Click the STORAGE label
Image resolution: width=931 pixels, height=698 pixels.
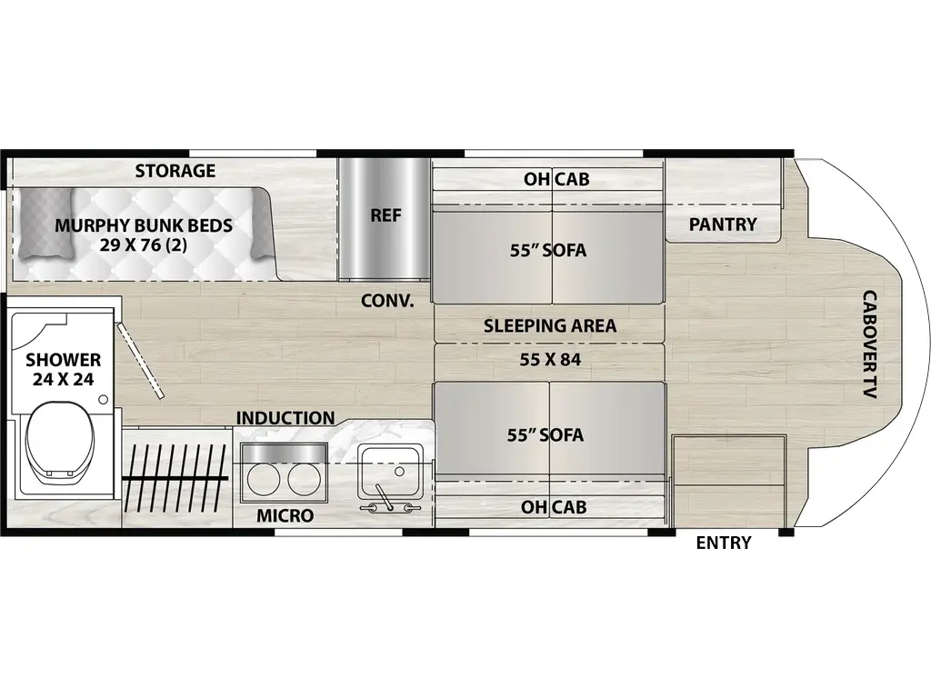tap(175, 171)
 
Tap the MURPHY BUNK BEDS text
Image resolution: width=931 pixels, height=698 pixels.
tap(144, 225)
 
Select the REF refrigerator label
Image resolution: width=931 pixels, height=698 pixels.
tap(385, 214)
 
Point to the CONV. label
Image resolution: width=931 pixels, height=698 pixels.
tap(387, 301)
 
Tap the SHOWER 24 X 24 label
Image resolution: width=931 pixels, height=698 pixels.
tap(63, 369)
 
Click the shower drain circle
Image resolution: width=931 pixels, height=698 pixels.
tap(104, 400)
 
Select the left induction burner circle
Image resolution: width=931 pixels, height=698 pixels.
tap(263, 477)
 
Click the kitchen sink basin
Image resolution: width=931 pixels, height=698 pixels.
tap(390, 472)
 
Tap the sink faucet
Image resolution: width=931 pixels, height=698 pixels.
tap(385, 497)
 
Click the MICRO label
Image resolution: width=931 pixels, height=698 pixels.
tap(285, 516)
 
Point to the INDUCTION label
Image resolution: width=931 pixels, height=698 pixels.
tap(285, 418)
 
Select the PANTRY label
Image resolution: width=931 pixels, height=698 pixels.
tap(723, 224)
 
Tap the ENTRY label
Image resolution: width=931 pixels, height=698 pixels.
tap(724, 543)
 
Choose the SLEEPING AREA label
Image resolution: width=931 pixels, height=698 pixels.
tap(550, 326)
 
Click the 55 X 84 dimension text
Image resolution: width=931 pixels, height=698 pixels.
tap(550, 360)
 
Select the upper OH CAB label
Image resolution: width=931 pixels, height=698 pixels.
tap(556, 179)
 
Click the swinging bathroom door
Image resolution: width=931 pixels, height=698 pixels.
tap(140, 360)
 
